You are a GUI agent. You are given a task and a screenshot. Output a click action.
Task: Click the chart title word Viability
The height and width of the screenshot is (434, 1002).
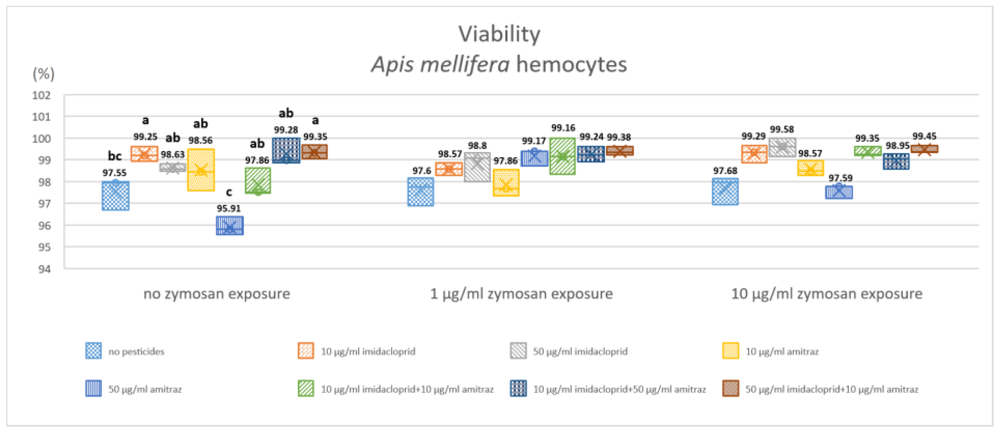pyautogui.click(x=499, y=34)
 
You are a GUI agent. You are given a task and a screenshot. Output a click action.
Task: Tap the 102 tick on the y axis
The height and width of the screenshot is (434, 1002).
pyautogui.click(x=41, y=95)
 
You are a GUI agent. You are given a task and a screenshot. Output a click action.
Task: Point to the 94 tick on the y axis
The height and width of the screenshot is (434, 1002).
pyautogui.click(x=44, y=269)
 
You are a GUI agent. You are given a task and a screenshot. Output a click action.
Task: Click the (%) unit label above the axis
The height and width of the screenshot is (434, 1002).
pyautogui.click(x=44, y=73)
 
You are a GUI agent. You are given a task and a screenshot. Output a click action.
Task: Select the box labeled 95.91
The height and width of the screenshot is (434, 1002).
pyautogui.click(x=229, y=226)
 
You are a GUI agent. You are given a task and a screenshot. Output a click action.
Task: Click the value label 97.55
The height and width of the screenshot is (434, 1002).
pyautogui.click(x=114, y=173)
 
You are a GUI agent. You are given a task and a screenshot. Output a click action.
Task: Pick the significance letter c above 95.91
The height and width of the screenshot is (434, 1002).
pyautogui.click(x=229, y=192)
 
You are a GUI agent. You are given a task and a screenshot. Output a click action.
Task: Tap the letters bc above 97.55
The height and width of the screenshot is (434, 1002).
pyautogui.click(x=115, y=156)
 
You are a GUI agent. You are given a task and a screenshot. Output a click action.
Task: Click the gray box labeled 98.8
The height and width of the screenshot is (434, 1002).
pyautogui.click(x=477, y=167)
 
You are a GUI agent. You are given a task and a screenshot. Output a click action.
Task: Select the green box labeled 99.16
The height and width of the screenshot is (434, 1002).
pyautogui.click(x=563, y=156)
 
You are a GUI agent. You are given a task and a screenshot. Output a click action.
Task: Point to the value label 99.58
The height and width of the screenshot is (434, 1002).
pyautogui.click(x=782, y=129)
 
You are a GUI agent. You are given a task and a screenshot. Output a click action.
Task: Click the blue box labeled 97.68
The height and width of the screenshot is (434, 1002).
pyautogui.click(x=725, y=191)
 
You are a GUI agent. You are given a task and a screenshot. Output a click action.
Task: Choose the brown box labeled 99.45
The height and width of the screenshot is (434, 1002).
pyautogui.click(x=924, y=149)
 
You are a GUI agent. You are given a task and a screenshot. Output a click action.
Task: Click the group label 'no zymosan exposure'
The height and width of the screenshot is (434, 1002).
pyautogui.click(x=217, y=294)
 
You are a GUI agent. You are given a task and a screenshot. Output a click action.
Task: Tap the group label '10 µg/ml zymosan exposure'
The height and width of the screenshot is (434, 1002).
pyautogui.click(x=826, y=294)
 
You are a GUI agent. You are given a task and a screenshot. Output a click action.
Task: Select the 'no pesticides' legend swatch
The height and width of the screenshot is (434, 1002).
pyautogui.click(x=93, y=351)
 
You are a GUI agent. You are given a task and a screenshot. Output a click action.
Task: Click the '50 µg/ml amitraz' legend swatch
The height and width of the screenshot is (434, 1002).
pyautogui.click(x=93, y=388)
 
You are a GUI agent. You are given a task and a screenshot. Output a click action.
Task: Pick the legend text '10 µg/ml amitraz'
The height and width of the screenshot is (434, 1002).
pyautogui.click(x=782, y=352)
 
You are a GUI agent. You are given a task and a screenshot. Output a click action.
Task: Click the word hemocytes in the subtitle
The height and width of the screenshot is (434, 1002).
pyautogui.click(x=571, y=65)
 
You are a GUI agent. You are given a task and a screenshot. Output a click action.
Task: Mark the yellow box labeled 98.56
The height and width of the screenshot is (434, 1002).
pyautogui.click(x=201, y=170)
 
